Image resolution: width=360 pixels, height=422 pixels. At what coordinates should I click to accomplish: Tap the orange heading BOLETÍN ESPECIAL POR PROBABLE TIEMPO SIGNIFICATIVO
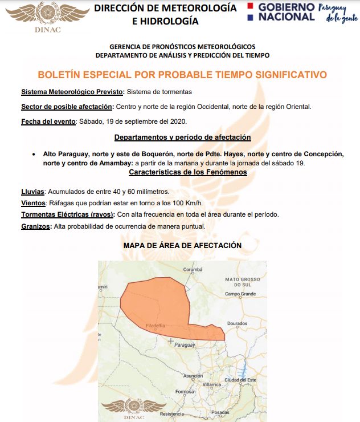[182, 75]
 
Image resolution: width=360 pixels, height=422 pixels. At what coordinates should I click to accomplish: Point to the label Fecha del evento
[48, 121]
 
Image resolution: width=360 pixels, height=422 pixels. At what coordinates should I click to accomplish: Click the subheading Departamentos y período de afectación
[182, 137]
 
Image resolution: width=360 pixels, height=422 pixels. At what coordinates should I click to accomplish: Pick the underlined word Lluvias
[32, 192]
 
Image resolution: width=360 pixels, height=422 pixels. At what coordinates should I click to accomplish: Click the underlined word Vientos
[33, 203]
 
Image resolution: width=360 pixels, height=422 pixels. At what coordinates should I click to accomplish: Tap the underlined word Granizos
[35, 226]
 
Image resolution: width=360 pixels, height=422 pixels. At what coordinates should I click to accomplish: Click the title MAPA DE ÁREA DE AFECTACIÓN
[182, 245]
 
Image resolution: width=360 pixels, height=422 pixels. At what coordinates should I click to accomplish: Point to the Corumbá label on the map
[193, 270]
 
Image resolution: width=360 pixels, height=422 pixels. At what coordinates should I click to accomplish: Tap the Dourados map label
[238, 323]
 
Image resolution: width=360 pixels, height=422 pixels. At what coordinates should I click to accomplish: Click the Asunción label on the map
[193, 375]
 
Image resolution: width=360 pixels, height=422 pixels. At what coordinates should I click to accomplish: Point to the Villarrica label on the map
[211, 384]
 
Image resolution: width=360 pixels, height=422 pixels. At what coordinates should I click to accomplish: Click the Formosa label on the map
[185, 392]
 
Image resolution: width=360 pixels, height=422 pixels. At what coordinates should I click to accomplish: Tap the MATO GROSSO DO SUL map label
[242, 282]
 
